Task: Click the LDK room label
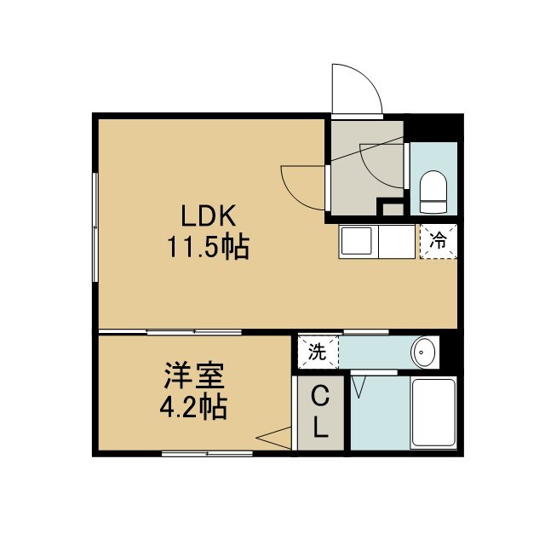209,215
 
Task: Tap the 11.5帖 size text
209,247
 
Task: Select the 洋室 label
194,376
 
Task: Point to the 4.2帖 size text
193,407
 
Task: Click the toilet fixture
433,192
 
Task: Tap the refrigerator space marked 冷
439,242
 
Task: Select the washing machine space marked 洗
318,352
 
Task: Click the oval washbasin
423,352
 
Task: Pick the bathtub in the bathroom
433,412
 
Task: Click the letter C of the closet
320,397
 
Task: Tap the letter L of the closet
321,427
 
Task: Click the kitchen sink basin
356,241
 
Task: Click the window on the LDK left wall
95,227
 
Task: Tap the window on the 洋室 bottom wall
207,453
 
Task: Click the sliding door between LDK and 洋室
170,332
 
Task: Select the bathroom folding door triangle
359,386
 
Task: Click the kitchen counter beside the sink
397,242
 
